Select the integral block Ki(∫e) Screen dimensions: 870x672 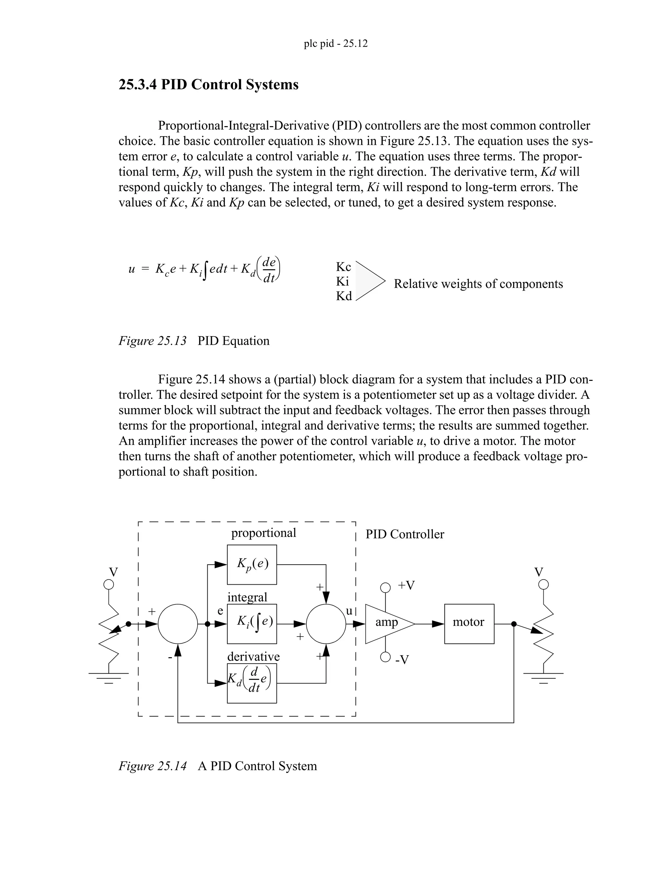252,623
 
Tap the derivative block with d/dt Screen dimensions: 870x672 252,683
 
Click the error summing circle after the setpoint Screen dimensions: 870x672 178,623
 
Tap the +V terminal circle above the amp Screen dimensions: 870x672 385,588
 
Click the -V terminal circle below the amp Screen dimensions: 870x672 385,657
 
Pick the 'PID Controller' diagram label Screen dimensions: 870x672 405,534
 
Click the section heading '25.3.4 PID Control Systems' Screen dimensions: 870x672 208,84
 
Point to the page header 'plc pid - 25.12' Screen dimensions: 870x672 336,43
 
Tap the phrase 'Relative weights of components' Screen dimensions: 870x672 478,284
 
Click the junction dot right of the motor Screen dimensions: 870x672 514,624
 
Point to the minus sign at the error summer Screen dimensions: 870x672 170,657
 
